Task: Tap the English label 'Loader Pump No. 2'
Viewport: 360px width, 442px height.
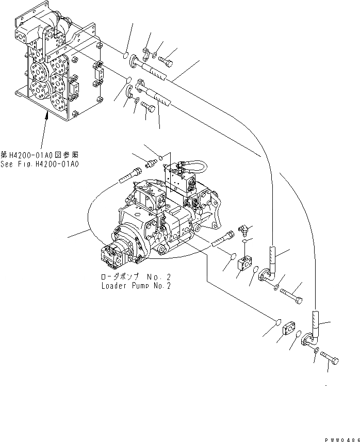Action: point(136,285)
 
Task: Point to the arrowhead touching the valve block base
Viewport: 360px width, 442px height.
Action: point(46,117)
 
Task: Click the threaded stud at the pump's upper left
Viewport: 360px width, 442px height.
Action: point(129,176)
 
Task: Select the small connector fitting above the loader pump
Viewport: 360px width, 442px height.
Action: point(151,161)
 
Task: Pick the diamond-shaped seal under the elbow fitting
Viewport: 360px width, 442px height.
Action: point(246,240)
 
